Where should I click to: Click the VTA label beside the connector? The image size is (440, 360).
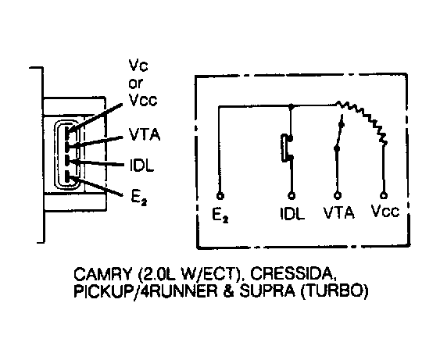[145, 134]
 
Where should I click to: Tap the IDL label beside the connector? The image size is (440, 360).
[142, 165]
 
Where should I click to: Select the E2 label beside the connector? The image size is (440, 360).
[139, 198]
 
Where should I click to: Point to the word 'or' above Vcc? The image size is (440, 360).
[136, 84]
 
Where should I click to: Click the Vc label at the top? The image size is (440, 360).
[138, 66]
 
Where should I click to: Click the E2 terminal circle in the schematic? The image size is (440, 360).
[220, 196]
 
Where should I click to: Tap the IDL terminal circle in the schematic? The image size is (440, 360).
[292, 196]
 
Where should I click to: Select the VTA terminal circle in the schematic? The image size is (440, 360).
[338, 195]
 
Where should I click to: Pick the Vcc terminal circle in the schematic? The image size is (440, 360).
[384, 195]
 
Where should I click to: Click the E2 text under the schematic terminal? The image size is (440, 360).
[220, 216]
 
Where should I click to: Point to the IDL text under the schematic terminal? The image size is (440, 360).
[292, 214]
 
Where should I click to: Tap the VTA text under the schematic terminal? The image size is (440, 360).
[339, 212]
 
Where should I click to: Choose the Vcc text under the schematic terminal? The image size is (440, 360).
[385, 211]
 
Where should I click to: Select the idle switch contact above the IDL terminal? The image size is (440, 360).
[287, 148]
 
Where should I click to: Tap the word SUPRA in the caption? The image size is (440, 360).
[267, 291]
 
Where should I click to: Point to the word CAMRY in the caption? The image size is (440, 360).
[102, 274]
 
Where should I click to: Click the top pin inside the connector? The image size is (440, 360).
[67, 131]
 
